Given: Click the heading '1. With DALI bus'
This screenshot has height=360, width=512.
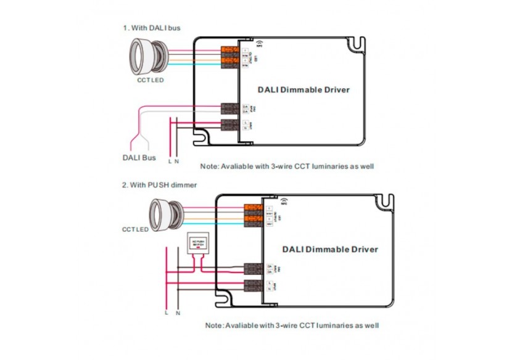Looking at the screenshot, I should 151,28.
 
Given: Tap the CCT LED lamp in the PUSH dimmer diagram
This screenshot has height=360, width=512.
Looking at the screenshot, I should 167,212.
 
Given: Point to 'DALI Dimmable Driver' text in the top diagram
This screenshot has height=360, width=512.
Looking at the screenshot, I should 307,90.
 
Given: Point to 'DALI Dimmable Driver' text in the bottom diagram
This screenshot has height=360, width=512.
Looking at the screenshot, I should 330,250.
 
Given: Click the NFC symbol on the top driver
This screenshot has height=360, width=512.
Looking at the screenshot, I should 259,44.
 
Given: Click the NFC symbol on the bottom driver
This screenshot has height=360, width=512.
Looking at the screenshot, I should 283,202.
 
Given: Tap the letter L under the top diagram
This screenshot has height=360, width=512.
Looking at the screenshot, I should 170,161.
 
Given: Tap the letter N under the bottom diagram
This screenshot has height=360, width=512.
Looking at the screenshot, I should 178,313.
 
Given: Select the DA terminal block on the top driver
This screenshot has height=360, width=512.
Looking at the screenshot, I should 229,108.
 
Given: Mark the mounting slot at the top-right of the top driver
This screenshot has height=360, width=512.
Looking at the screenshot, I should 357,44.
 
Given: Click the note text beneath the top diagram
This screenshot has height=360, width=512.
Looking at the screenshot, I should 287,166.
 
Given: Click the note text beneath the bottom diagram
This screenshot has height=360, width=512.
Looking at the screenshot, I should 292,325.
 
